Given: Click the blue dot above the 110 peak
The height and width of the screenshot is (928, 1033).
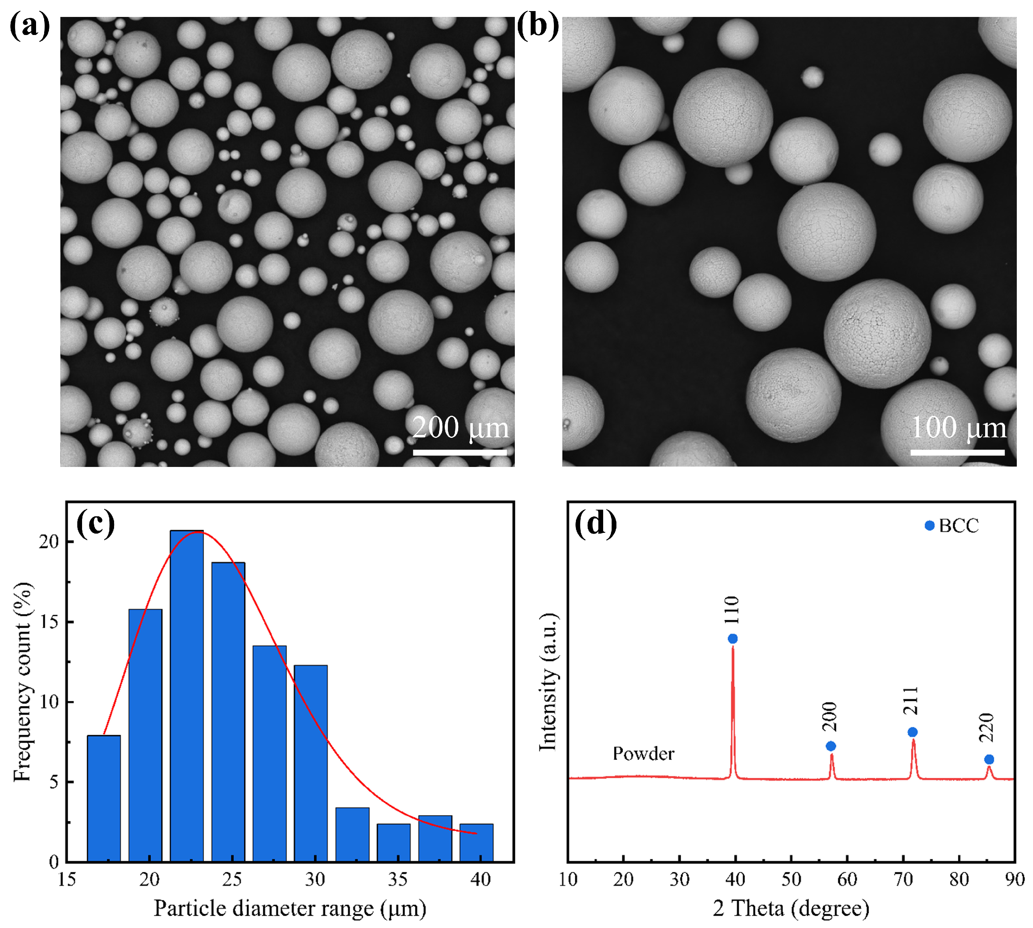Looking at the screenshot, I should click(733, 639).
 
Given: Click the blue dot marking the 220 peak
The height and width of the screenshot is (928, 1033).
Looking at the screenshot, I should click(989, 760).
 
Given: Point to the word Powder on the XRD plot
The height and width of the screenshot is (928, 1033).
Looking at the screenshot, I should click(643, 753).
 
